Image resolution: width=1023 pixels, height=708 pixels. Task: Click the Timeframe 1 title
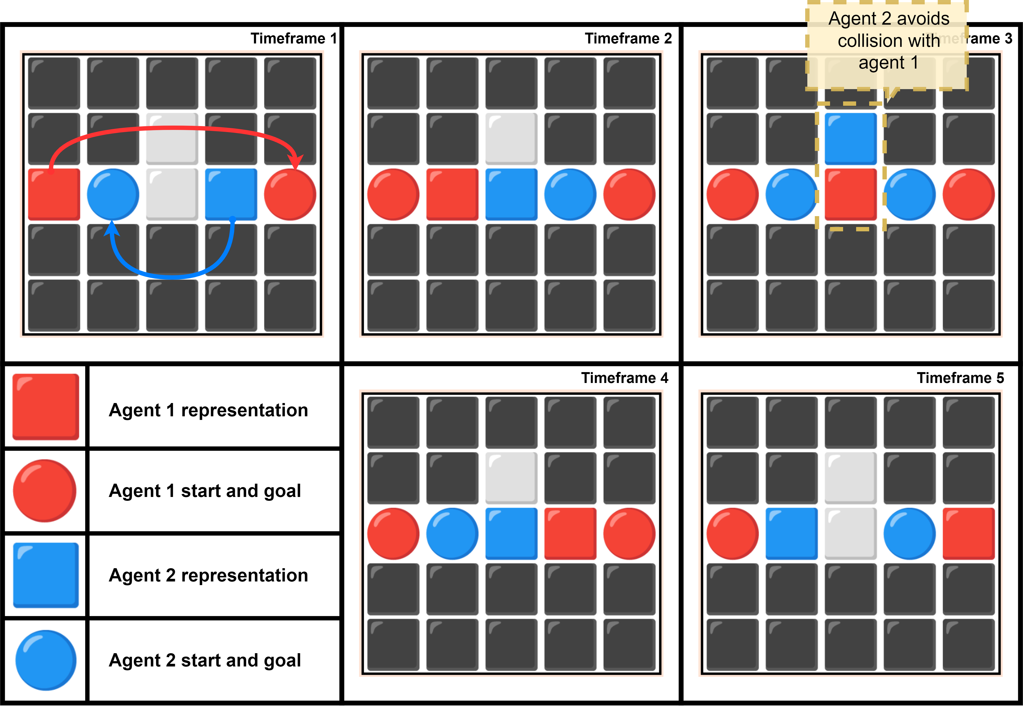point(294,39)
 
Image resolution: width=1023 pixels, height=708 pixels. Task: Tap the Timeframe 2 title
point(628,39)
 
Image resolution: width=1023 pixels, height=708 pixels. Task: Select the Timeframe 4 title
point(625,378)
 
